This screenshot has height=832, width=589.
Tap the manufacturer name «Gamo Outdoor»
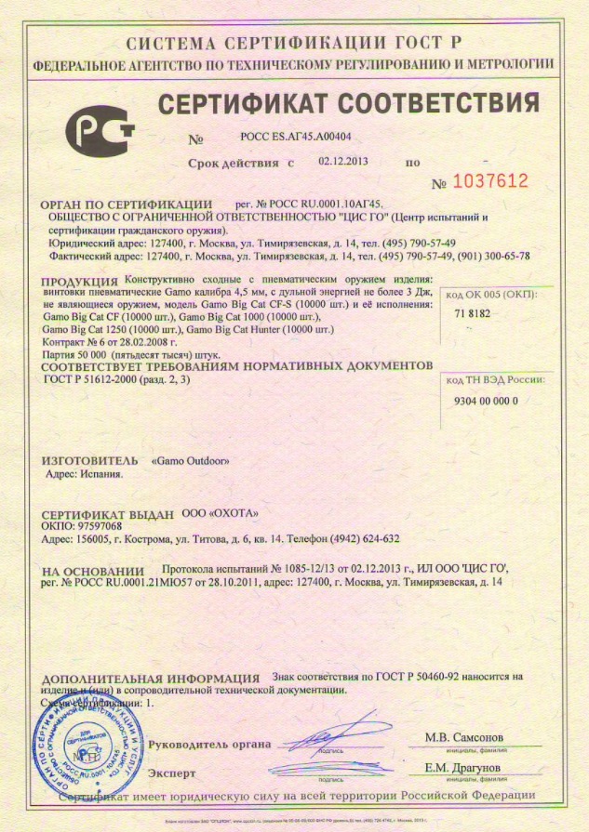[191, 460]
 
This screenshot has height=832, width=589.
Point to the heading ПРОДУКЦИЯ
[80, 281]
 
